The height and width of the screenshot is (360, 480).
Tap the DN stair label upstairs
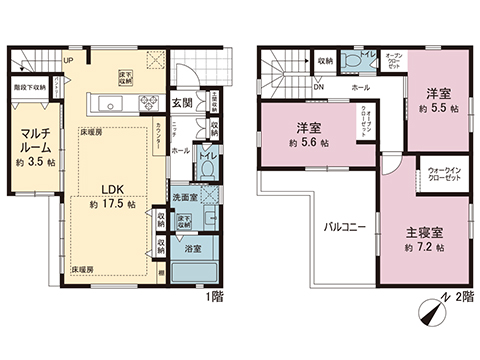[x=318, y=87]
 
